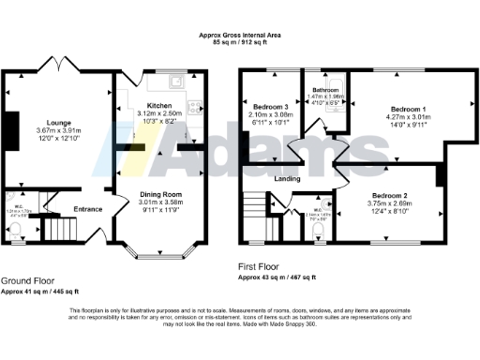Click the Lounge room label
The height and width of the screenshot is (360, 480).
point(52,122)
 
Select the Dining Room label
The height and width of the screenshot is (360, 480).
point(159,194)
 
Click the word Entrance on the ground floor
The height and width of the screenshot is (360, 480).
point(89,209)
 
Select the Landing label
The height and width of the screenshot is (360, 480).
point(287,178)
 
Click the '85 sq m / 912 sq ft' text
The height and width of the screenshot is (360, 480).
point(240,43)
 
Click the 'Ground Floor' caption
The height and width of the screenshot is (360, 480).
point(27,279)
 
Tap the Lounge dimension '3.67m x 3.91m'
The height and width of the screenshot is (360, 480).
point(52,129)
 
